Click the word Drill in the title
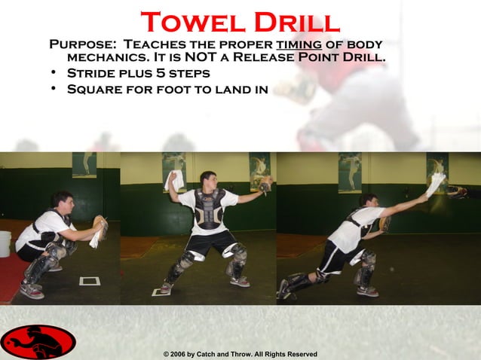[295, 22]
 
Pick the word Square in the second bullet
[95, 90]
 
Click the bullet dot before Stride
[54, 74]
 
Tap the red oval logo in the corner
[38, 342]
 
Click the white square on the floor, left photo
[90, 281]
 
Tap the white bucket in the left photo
[5, 243]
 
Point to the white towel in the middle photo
[174, 181]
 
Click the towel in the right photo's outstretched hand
[437, 184]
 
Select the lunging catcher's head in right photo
[369, 201]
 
